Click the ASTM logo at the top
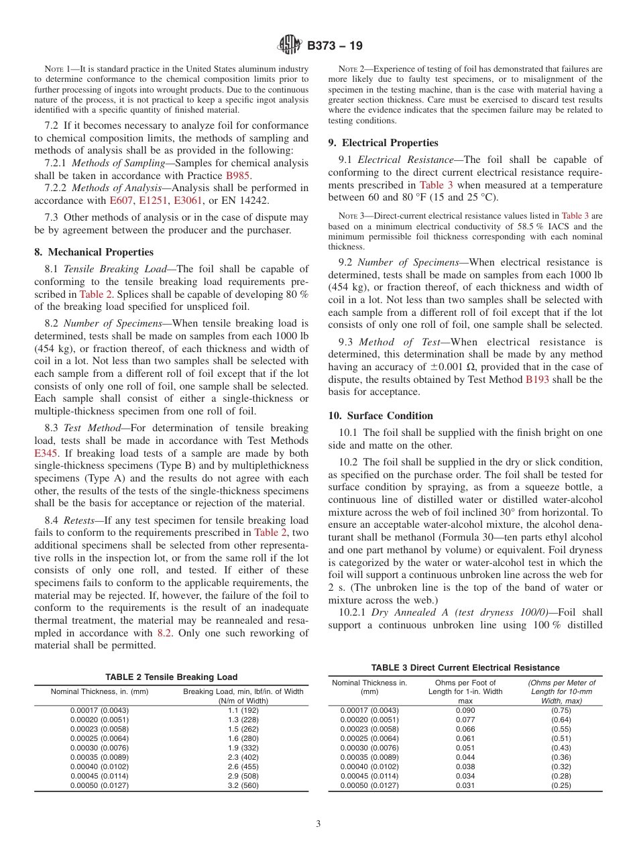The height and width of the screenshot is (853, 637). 290,46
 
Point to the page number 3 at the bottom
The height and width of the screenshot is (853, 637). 318,823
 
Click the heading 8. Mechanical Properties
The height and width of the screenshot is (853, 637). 94,252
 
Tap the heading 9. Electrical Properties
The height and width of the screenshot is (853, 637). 383,143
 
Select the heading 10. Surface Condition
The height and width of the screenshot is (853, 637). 380,416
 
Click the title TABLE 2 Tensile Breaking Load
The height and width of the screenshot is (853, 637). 171,677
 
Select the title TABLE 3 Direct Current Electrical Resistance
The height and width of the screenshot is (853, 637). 465,667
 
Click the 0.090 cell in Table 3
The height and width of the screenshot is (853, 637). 465,710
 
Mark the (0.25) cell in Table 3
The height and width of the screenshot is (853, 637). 561,785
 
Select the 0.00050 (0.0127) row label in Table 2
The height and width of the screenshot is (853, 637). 99,785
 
